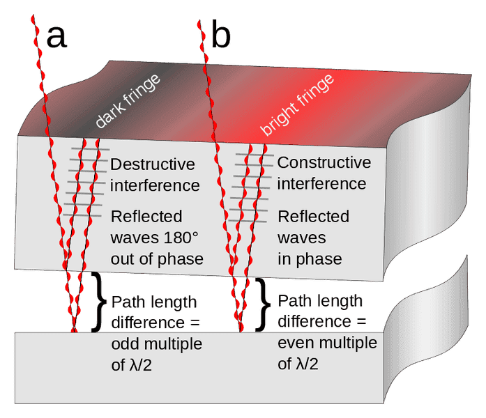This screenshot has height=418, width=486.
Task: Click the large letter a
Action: pos(57,38)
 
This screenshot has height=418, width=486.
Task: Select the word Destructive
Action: pos(153,165)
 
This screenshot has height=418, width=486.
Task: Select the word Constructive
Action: pos(324,163)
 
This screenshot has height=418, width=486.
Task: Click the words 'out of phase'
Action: pos(157,259)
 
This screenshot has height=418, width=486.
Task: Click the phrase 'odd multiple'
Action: pos(156,345)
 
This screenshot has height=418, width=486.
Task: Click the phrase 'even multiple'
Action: pos(327,343)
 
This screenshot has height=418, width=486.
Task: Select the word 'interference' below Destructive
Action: pos(155,186)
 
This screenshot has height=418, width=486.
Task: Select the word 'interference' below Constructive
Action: pos(321,184)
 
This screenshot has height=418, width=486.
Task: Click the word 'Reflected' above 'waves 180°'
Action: pos(146,216)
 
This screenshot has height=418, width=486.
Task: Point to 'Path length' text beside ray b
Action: pos(320,302)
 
